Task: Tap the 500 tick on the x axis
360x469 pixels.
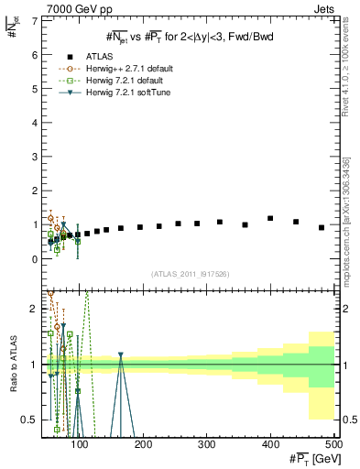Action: click(333, 445)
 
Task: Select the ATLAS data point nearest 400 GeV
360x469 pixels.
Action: click(270, 218)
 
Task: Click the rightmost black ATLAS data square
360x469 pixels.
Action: click(322, 227)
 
